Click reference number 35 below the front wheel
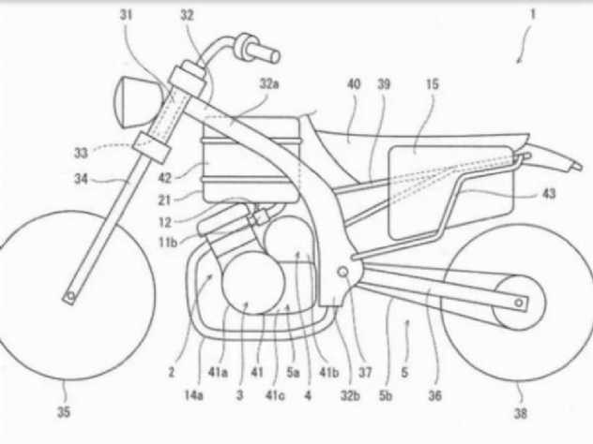click(x=64, y=411)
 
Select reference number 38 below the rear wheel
click(x=520, y=413)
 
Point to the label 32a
click(x=269, y=83)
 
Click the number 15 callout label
click(x=432, y=83)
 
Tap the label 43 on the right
click(x=549, y=194)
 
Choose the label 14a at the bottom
click(x=193, y=395)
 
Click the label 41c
click(x=275, y=395)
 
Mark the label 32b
click(x=350, y=395)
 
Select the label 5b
click(x=386, y=395)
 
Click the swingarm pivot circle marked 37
click(x=343, y=272)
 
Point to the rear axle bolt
click(x=519, y=303)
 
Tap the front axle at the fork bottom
click(x=69, y=296)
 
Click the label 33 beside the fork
click(x=81, y=153)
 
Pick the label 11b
click(x=168, y=242)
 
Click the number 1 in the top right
click(x=533, y=14)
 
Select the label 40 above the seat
click(x=354, y=83)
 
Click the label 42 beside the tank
click(x=165, y=178)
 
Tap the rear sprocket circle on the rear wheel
click(x=519, y=303)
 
